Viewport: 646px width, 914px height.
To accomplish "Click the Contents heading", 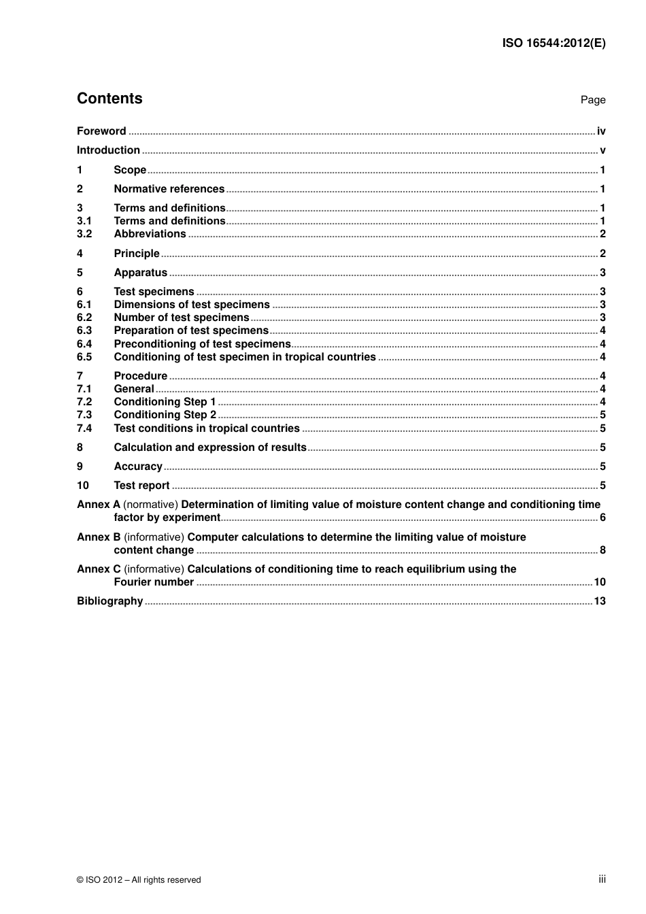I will (x=109, y=99).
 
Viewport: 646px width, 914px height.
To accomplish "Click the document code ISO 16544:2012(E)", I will (x=554, y=43).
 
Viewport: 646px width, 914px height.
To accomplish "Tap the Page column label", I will (x=592, y=100).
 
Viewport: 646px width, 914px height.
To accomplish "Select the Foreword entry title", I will (x=101, y=131).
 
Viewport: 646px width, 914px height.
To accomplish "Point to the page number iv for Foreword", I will (x=601, y=131).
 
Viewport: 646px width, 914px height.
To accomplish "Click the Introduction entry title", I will (x=108, y=150).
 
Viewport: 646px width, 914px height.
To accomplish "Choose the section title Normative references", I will (x=169, y=189).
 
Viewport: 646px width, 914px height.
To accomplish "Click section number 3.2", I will (x=84, y=234).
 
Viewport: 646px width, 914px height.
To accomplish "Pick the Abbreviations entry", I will (x=150, y=234).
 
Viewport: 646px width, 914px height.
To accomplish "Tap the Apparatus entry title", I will (x=140, y=273).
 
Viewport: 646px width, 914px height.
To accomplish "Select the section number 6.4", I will (x=84, y=344).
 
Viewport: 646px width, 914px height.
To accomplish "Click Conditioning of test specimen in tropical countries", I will (x=245, y=357).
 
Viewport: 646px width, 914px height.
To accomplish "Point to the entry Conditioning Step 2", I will (x=165, y=415).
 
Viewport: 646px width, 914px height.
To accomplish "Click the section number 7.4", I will (x=84, y=428).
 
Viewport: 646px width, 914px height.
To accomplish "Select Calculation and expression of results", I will (x=210, y=447).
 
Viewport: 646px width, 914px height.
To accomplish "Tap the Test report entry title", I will (x=141, y=486).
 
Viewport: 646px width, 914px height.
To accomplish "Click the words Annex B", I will (x=99, y=537).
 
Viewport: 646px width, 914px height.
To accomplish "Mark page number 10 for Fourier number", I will (x=599, y=582).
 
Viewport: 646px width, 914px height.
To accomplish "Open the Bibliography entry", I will (x=109, y=601).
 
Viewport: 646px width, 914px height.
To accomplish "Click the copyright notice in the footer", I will (x=139, y=880).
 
